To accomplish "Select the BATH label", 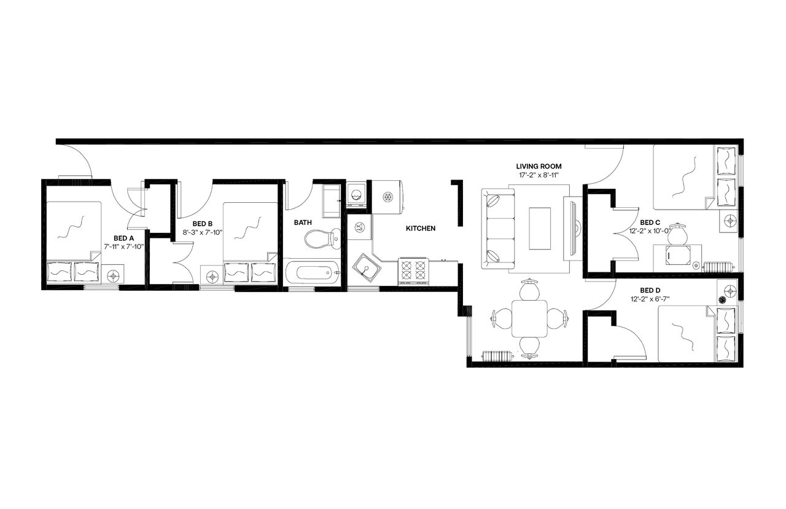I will (302, 223).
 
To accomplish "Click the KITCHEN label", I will (421, 229).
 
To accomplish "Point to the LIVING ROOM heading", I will (539, 166).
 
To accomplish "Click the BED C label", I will (650, 223).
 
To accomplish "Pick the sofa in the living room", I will (499, 229).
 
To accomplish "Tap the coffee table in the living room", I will (540, 229).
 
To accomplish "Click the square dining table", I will (529, 318).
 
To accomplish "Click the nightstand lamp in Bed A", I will (114, 275).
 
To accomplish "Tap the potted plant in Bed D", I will (722, 300).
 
